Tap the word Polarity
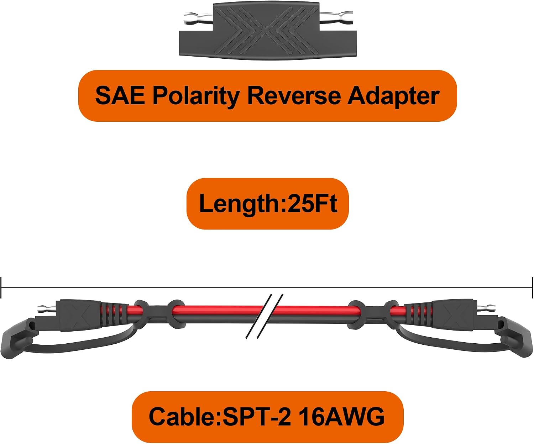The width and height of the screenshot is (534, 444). pos(196,97)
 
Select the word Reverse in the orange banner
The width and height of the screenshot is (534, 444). pos(294,95)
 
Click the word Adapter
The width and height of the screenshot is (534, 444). pos(393,97)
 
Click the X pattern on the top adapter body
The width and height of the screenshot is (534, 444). pos(266,31)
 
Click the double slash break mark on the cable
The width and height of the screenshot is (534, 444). pos(265,316)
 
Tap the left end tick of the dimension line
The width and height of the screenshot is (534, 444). pos(1,287)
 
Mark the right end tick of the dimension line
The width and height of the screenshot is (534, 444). pos(533,287)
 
